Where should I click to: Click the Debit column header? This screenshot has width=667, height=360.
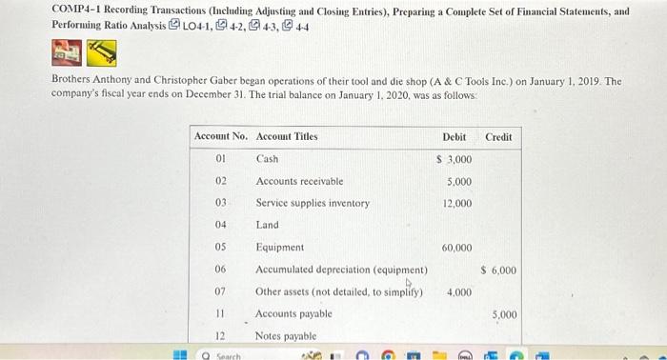point(455,137)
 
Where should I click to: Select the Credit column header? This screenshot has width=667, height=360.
point(498,137)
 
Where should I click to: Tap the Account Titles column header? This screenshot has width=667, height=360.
point(287,137)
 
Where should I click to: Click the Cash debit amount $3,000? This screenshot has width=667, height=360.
point(455,159)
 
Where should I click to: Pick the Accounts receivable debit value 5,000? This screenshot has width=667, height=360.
point(458,181)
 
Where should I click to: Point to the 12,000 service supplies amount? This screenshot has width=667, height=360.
point(456,204)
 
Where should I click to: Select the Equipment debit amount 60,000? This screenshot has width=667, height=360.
point(456,248)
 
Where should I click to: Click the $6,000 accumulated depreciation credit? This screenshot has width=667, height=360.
point(499,270)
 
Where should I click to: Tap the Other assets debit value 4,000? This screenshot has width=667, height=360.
point(458,291)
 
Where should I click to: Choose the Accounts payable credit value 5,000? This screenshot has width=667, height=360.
point(504,313)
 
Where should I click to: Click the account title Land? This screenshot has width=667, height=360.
point(267,226)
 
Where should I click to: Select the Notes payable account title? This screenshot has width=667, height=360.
point(287,335)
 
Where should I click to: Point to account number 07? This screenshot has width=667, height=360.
point(221,291)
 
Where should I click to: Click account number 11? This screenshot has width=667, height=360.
point(221,313)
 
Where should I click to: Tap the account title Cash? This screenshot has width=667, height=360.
point(267,159)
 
